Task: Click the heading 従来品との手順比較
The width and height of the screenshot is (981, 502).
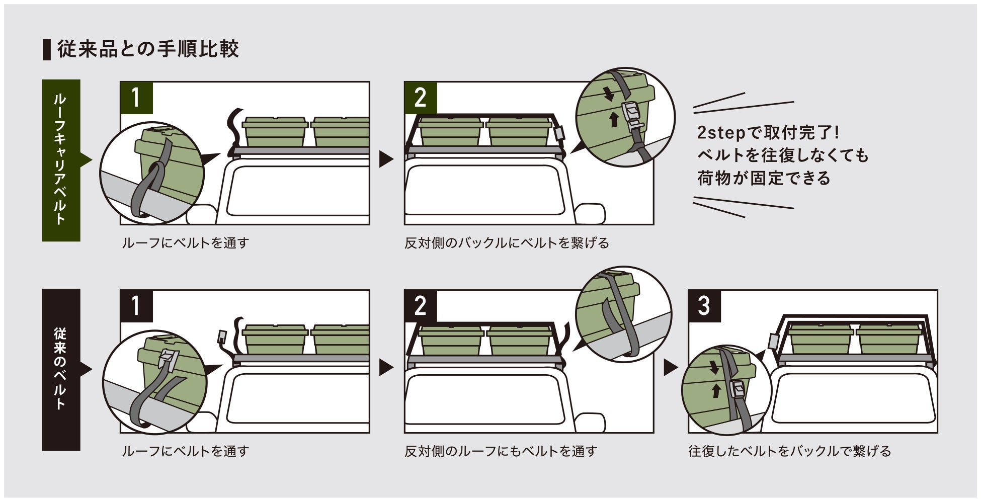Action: (147, 49)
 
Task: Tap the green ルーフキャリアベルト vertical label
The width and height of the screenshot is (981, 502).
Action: (61, 160)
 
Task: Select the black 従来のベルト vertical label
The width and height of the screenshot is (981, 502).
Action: (61, 369)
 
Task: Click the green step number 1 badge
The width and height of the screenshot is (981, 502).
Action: (136, 98)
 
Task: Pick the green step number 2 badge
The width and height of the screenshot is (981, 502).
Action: (420, 98)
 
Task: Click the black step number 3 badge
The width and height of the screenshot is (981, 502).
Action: (704, 306)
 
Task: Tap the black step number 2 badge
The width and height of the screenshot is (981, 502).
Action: (420, 306)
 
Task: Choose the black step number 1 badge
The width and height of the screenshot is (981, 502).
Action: (136, 306)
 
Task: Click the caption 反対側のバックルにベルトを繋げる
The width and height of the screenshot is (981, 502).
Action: (507, 243)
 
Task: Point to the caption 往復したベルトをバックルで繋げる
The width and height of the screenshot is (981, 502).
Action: (789, 451)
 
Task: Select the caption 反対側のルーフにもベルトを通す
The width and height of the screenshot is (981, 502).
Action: (501, 451)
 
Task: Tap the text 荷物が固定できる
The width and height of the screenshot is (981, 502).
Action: (763, 178)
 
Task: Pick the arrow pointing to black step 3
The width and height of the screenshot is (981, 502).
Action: (670, 368)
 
